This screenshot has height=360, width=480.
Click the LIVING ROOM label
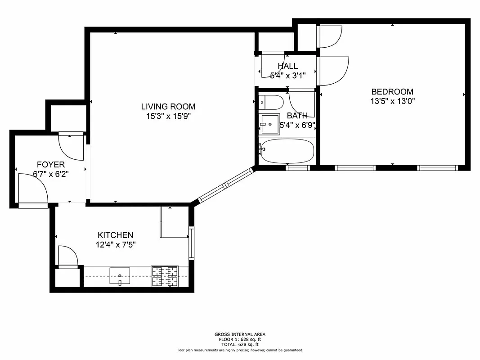(x=168, y=107)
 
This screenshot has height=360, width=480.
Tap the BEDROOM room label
(x=392, y=92)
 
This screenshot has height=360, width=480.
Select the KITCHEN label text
(x=115, y=235)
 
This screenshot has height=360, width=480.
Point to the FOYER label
(x=50, y=165)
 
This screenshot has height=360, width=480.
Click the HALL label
(x=287, y=66)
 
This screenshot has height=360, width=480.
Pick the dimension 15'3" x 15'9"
(x=168, y=116)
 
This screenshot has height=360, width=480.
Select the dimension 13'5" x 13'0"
(x=392, y=101)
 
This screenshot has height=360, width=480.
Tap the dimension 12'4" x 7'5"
(x=115, y=245)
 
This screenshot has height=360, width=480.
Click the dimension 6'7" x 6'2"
(x=53, y=174)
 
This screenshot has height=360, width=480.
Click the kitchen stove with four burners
(x=164, y=276)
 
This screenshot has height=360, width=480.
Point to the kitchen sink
(x=120, y=275)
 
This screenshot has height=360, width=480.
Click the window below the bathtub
(x=298, y=168)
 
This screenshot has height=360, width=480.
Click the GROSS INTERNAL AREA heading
(x=240, y=334)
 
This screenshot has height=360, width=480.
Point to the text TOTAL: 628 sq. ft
(x=240, y=344)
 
